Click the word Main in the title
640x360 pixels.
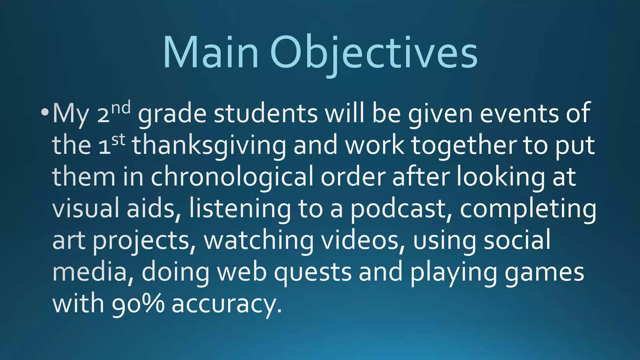tap(211, 52)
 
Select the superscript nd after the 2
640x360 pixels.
tap(121, 108)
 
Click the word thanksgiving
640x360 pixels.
tap(209, 146)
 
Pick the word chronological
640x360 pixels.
tap(232, 177)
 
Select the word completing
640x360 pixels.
tap(528, 209)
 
